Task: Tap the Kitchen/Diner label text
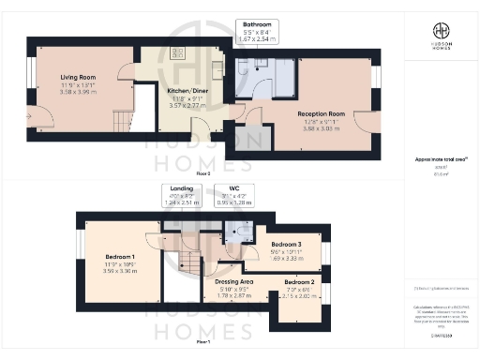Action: pos(184,91)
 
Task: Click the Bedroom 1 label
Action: pos(118,256)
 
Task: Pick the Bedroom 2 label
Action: pos(299,282)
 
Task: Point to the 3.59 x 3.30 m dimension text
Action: pos(118,271)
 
